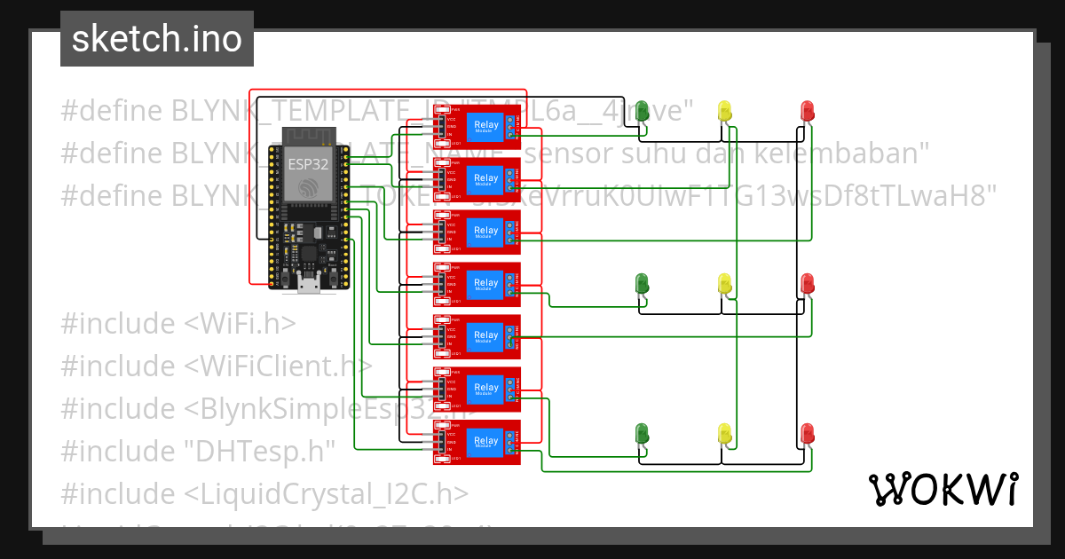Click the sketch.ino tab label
[x=156, y=39]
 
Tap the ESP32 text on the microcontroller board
[x=304, y=164]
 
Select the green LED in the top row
[x=642, y=112]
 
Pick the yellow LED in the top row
[x=724, y=112]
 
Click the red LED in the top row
[x=807, y=112]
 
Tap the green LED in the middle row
[x=642, y=284]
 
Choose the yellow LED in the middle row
[x=724, y=284]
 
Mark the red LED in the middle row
[x=807, y=284]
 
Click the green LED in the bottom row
[x=642, y=434]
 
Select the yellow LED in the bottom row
[x=724, y=434]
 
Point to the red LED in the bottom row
[x=807, y=434]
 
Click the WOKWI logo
[x=943, y=489]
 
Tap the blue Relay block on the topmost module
[x=486, y=127]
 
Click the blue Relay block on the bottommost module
[x=486, y=442]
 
